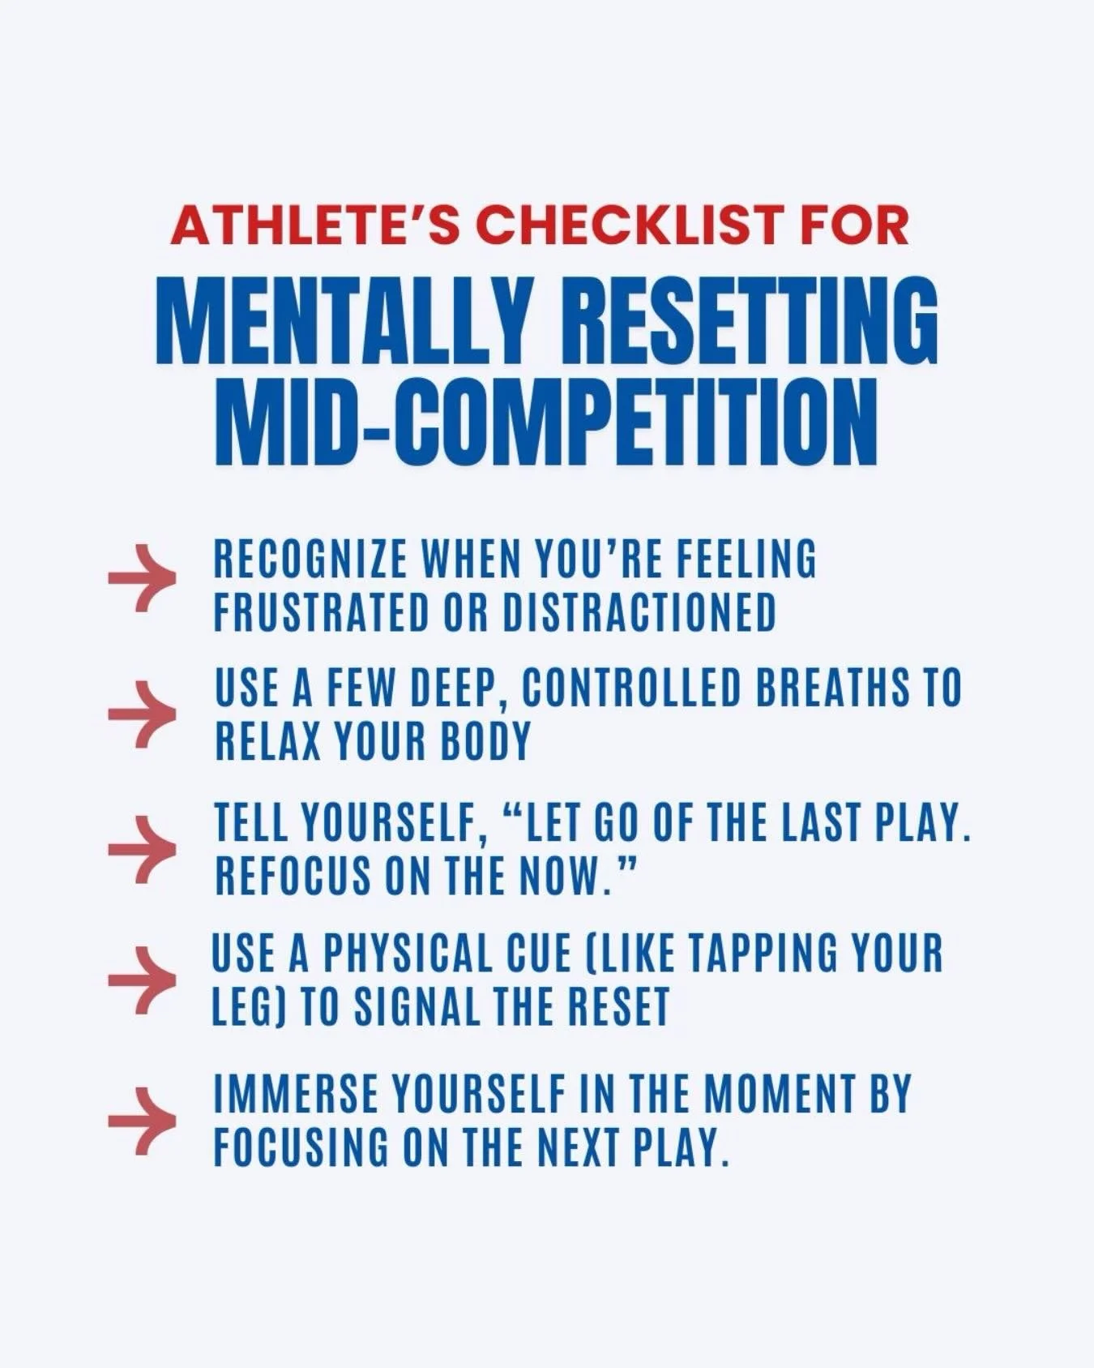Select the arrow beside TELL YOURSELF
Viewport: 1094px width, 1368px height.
click(142, 848)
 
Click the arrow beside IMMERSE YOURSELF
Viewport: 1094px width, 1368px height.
click(142, 1121)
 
